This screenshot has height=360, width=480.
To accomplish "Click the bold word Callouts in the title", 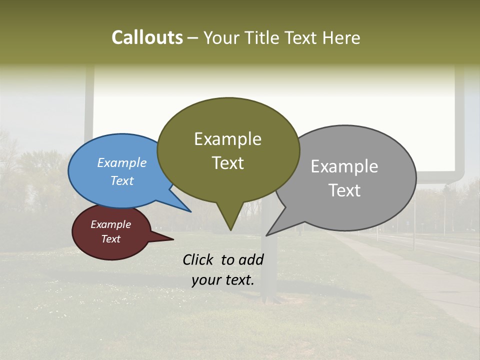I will tap(147, 37).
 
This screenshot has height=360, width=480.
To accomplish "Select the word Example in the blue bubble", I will tap(122, 162).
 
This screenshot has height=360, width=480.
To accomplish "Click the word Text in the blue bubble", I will tap(122, 180).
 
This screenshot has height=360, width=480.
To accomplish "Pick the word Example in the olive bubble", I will tap(228, 139).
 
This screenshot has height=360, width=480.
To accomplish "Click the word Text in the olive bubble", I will tap(228, 163).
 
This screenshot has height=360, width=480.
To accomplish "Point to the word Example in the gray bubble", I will tap(344, 166).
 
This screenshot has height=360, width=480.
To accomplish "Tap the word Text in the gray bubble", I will tap(344, 190).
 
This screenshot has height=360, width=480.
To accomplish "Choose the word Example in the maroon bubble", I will tap(111, 224).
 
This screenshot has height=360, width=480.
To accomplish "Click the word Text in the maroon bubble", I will tap(111, 239).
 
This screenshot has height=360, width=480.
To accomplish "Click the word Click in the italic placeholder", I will tap(199, 259).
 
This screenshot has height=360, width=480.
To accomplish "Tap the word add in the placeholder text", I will tap(251, 259).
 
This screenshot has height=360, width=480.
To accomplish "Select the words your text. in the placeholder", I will tap(223, 280).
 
